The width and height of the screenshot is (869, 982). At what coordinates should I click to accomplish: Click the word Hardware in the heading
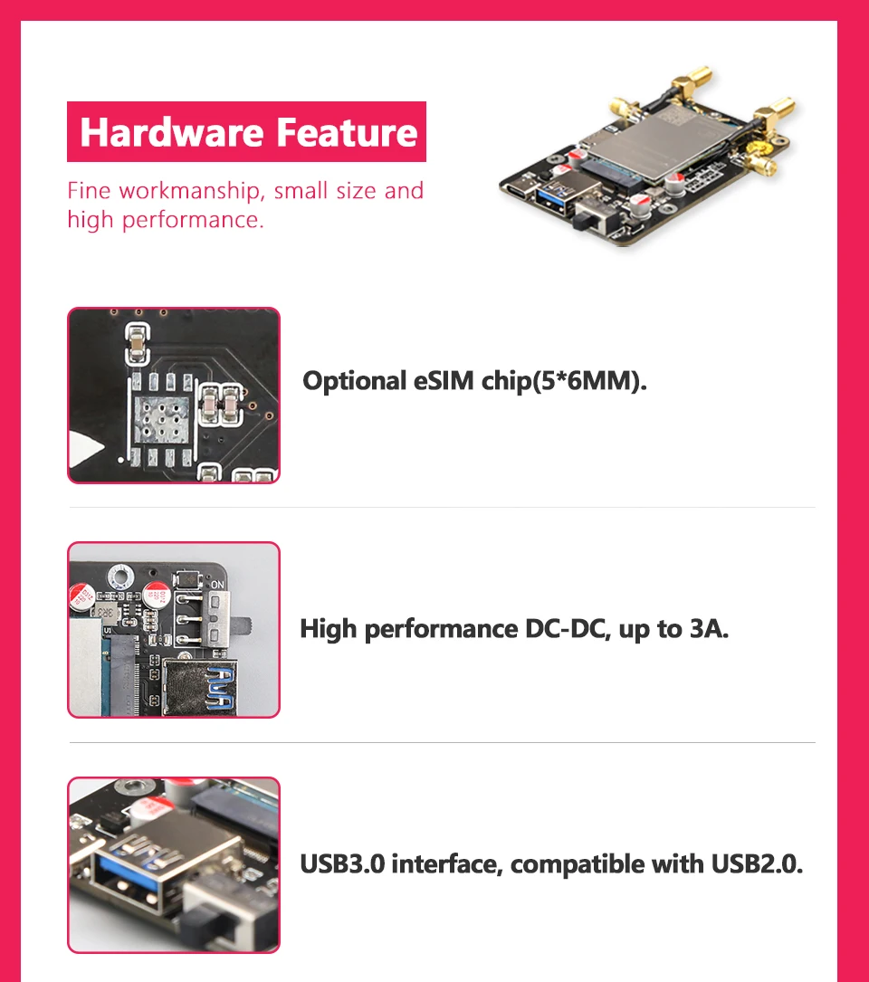tap(172, 132)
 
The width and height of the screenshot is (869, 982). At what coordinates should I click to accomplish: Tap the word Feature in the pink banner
tap(347, 132)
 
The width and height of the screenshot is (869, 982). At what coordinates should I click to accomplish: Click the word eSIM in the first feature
tap(444, 381)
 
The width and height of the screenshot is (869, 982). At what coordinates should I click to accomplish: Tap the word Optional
tap(355, 381)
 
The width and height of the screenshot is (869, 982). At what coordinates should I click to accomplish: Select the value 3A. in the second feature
tap(710, 629)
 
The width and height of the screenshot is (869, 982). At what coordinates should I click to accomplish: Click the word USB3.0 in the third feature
tap(342, 864)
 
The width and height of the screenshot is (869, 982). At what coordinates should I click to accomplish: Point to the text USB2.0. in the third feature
tap(757, 864)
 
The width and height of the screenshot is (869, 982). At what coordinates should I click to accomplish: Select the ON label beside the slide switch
tap(217, 585)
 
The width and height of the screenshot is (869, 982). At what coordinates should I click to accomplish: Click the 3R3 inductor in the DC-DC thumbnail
tap(107, 611)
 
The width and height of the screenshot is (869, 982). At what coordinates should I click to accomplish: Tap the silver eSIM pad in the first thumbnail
tap(162, 420)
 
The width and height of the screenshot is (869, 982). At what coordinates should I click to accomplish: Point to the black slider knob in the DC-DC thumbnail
tap(244, 625)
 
